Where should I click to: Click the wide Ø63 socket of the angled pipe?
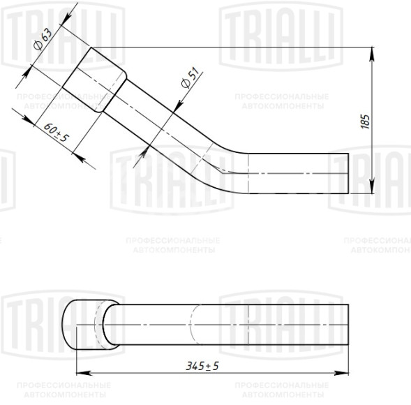point(94,80)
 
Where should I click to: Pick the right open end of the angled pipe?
point(348,173)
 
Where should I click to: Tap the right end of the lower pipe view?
point(347,325)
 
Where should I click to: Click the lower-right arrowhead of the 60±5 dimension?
point(88,159)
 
